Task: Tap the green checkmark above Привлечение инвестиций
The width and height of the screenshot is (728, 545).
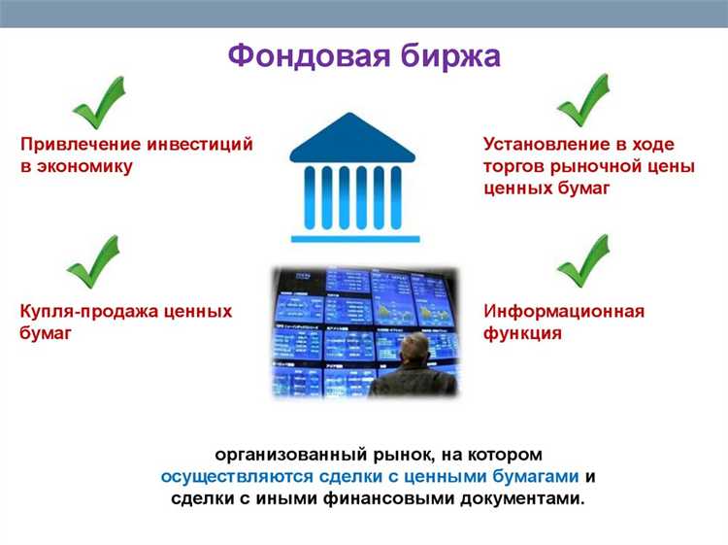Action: pyautogui.click(x=99, y=102)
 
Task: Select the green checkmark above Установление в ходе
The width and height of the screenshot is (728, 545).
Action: pyautogui.click(x=582, y=100)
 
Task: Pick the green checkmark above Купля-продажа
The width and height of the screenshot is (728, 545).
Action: pyautogui.click(x=92, y=261)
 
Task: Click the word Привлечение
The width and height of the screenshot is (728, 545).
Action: pyautogui.click(x=80, y=144)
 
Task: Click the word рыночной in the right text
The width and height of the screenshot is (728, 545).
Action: pyautogui.click(x=592, y=166)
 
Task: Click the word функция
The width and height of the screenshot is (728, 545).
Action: pyautogui.click(x=522, y=333)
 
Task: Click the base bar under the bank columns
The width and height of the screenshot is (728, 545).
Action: pyautogui.click(x=355, y=238)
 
